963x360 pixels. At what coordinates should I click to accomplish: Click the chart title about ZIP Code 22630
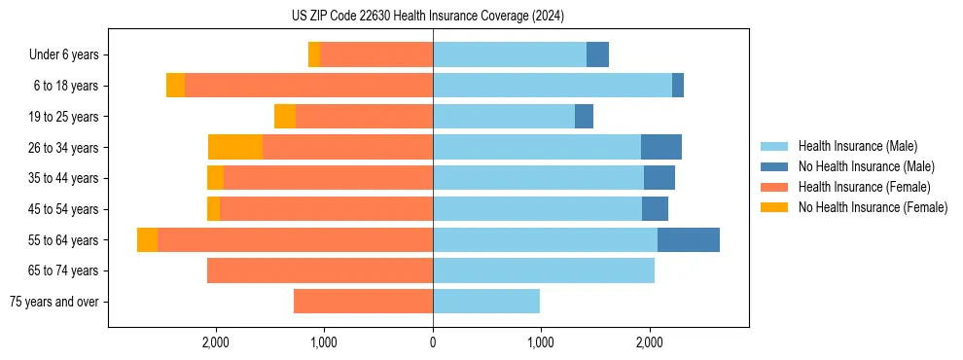[427, 16]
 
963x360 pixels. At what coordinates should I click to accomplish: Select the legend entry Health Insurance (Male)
[852, 146]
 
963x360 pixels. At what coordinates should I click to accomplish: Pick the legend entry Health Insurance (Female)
[857, 187]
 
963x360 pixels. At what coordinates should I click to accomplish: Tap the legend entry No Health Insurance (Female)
[872, 207]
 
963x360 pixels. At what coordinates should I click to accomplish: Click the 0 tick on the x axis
[433, 342]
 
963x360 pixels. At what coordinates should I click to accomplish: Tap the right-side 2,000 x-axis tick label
[650, 342]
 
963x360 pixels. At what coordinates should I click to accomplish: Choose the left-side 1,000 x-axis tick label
[324, 342]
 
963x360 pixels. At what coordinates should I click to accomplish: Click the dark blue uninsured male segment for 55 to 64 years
[688, 240]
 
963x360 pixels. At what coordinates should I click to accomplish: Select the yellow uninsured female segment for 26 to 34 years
[235, 148]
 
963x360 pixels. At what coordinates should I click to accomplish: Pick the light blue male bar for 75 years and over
[486, 302]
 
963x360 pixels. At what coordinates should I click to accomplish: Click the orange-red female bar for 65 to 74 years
[320, 270]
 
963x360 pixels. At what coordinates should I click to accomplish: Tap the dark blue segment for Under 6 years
[597, 55]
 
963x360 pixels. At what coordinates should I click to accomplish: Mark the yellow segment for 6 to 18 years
[175, 86]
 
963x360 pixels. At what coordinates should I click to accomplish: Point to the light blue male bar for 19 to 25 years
[504, 117]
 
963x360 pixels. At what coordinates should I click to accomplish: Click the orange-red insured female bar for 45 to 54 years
[326, 209]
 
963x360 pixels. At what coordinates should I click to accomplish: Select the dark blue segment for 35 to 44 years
[659, 178]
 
